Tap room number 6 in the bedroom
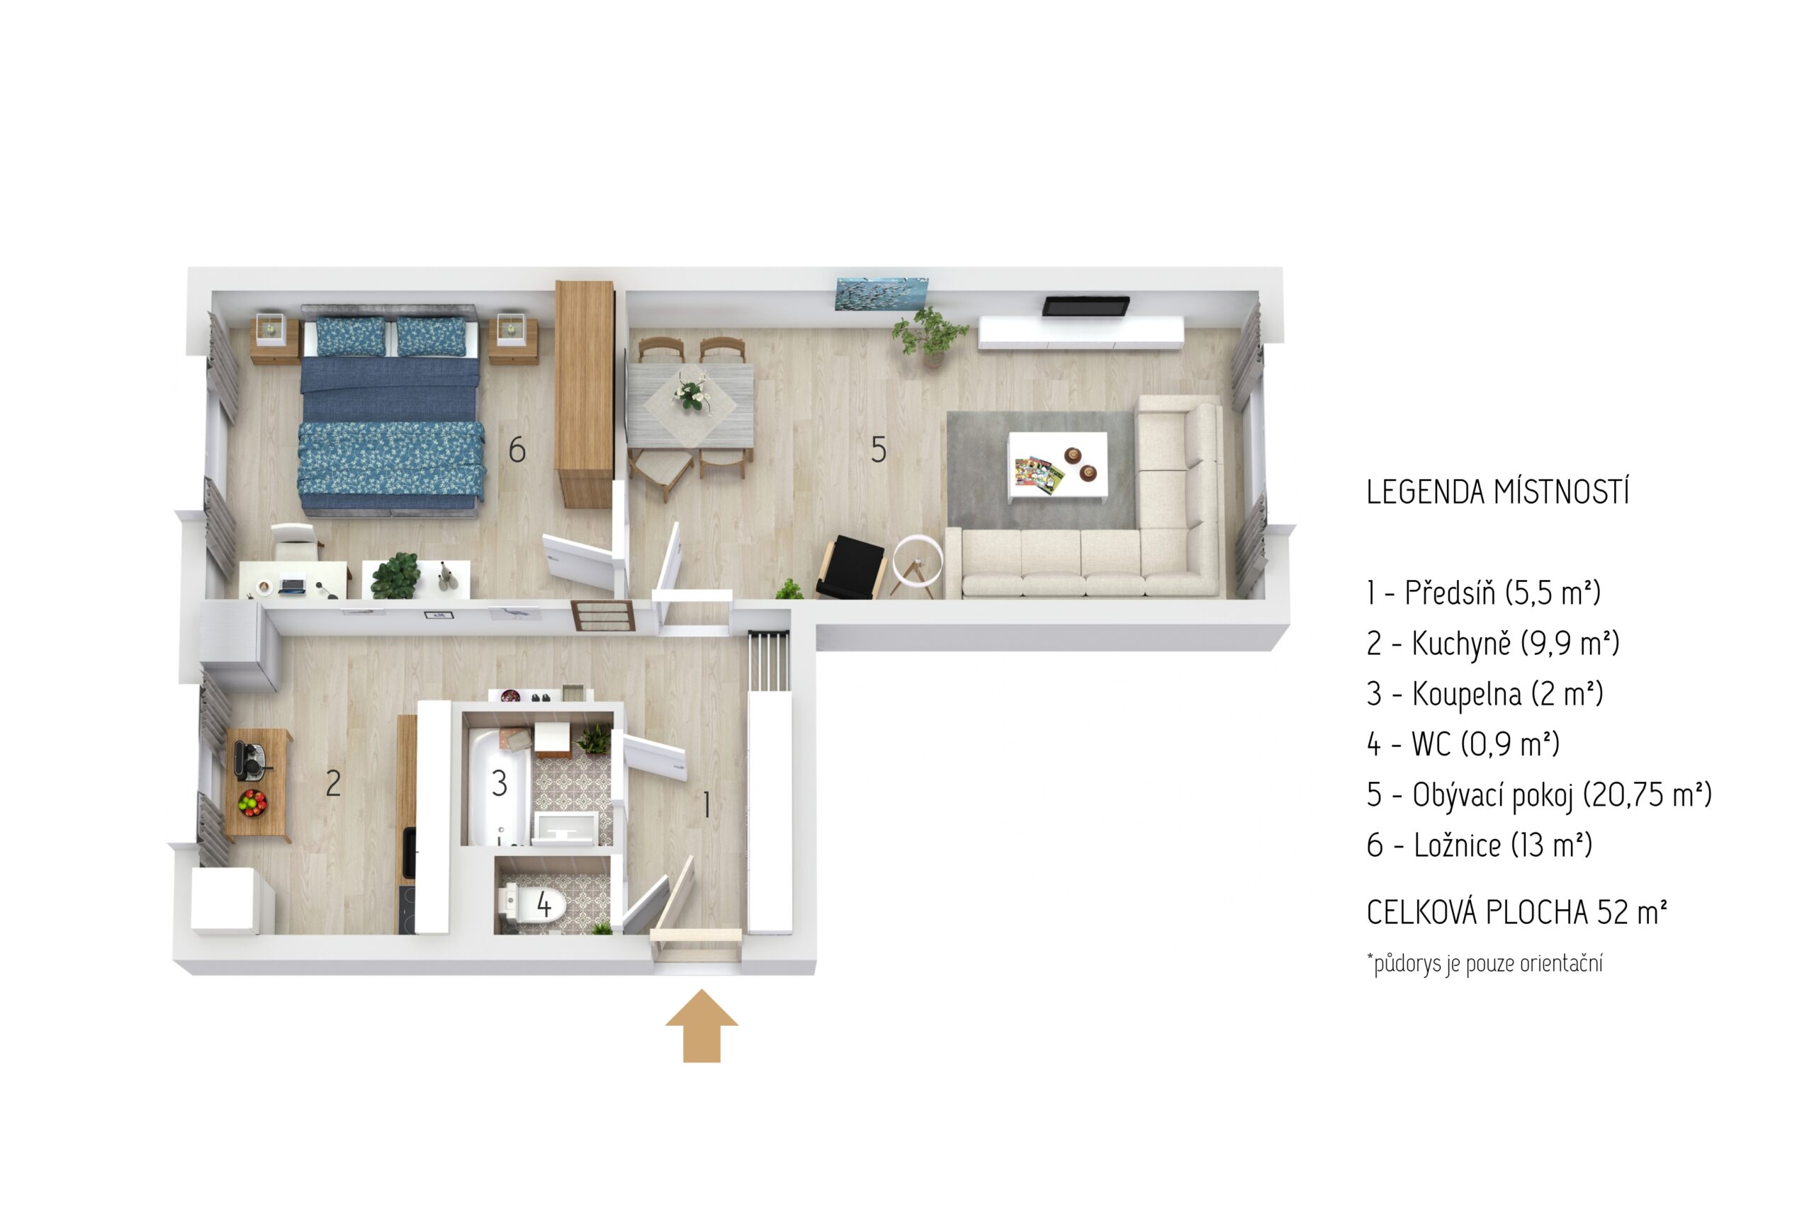pos(517,450)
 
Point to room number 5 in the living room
pos(878,450)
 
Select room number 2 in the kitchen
pos(333,784)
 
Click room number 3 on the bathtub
pos(500,784)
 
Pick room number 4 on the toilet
pos(544,904)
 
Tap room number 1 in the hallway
pos(706,806)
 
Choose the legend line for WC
pos(1463,744)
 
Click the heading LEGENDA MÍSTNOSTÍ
pos(1498,492)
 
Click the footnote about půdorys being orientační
pos(1485,964)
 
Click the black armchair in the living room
pos(850,567)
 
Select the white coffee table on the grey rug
pos(1059,467)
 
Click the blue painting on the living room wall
pos(882,295)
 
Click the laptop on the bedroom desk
pos(292,585)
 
